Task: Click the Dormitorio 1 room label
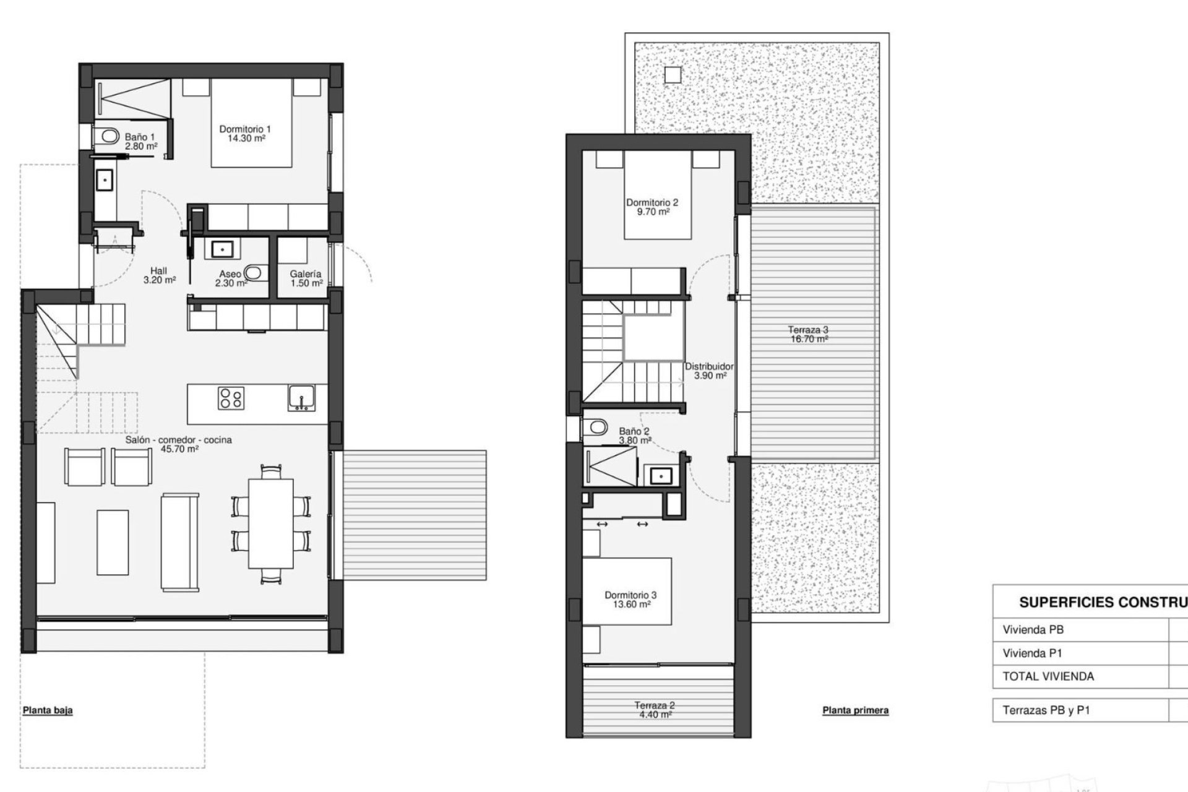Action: click(245, 134)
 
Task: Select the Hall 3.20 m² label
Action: click(159, 275)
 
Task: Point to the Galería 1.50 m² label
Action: click(306, 278)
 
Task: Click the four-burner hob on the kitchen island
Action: click(231, 398)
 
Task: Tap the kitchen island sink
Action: click(302, 397)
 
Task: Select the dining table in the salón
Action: click(271, 523)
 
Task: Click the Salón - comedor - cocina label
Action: click(179, 444)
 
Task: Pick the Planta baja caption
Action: click(48, 710)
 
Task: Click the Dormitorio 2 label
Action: click(652, 207)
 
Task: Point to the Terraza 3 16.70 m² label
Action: click(808, 334)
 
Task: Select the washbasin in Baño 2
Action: click(661, 476)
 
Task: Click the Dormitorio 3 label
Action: click(631, 600)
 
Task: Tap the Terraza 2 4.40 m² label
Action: click(654, 710)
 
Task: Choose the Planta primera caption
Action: click(855, 710)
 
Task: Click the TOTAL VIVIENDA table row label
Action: click(1048, 676)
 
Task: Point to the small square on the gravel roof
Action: click(673, 75)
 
